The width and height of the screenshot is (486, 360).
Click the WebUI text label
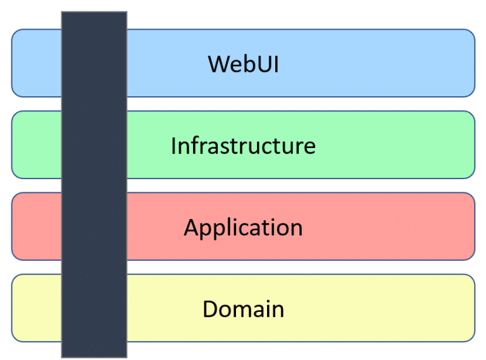[243, 64]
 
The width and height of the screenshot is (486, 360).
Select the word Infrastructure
[243, 146]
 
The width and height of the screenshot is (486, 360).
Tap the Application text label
[243, 228]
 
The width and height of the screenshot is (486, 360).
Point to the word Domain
[243, 309]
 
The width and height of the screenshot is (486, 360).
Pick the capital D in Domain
[210, 309]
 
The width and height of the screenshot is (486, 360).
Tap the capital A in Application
[191, 227]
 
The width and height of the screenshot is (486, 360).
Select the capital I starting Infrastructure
[173, 146]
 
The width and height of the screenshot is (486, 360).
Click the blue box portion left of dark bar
[36, 63]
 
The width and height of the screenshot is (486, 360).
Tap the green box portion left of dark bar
[36, 145]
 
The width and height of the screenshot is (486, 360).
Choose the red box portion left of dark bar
[36, 227]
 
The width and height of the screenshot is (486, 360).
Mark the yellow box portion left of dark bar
[36, 308]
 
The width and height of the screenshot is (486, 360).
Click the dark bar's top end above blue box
[94, 20]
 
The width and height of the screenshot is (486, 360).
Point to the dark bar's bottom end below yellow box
[94, 350]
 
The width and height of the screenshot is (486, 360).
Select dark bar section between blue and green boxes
[94, 104]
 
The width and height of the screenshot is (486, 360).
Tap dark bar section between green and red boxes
[94, 186]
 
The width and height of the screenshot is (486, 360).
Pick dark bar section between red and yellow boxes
[94, 268]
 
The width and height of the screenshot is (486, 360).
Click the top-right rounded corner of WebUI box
[470, 34]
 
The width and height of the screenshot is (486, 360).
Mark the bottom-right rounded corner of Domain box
[470, 337]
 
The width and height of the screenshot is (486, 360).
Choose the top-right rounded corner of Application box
[470, 197]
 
